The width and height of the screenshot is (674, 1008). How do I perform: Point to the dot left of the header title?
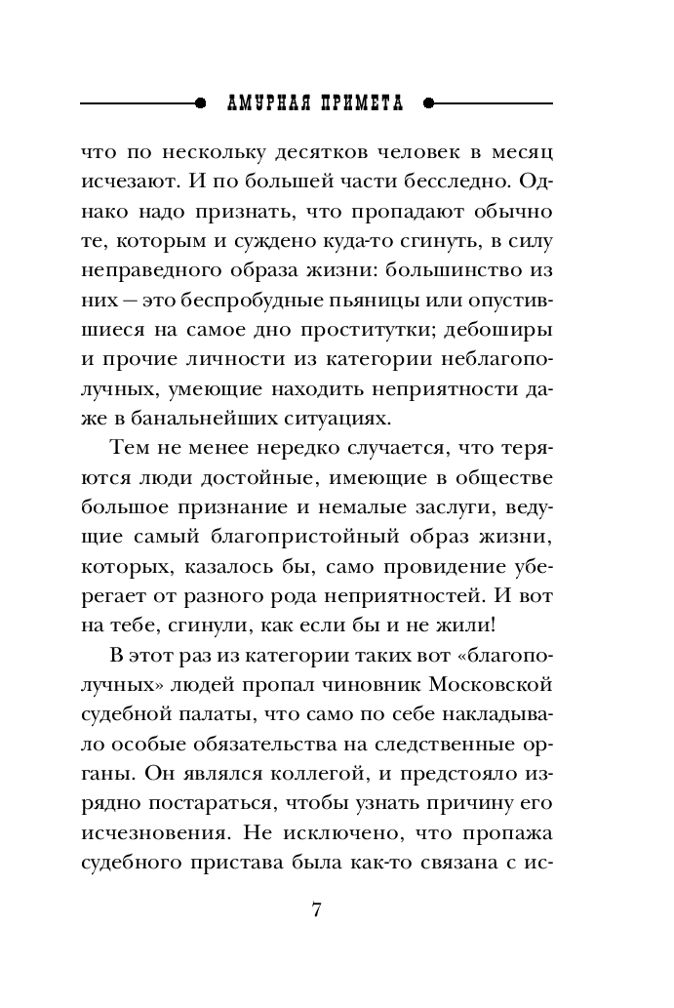[201, 101]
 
